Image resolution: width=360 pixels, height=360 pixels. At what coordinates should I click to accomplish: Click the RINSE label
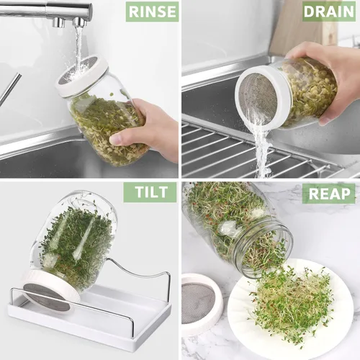tap(152, 12)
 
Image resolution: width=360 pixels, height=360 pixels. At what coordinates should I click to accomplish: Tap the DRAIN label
tap(328, 12)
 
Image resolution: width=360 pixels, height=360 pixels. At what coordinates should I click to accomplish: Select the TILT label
tap(150, 192)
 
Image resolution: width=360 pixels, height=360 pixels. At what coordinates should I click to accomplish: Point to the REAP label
tap(328, 194)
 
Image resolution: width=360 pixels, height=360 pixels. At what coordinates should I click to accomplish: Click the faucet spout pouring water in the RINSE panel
tap(80, 22)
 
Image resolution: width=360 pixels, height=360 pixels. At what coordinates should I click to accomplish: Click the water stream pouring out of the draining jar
tap(261, 149)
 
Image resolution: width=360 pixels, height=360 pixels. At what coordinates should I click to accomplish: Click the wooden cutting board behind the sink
tap(304, 27)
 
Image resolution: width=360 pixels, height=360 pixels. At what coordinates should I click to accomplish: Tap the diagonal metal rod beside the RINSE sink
tap(10, 89)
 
